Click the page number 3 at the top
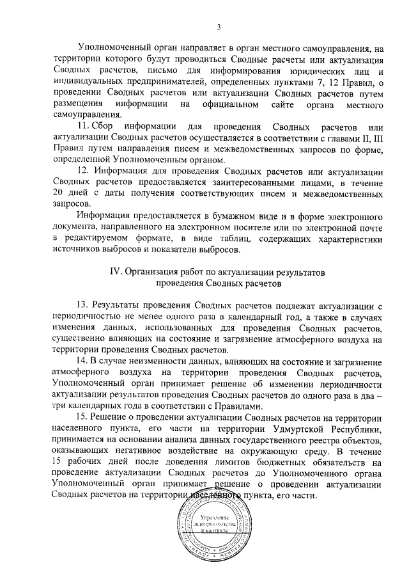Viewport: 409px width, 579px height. [219, 27]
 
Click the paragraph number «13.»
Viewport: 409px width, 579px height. [84, 306]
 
